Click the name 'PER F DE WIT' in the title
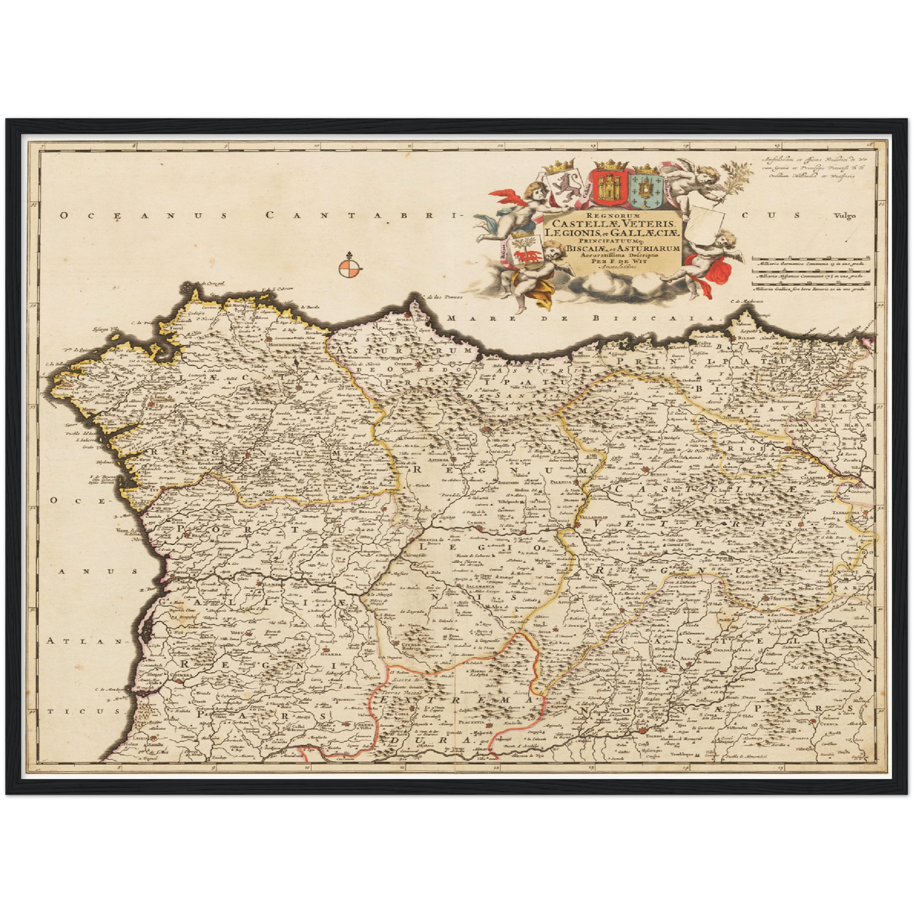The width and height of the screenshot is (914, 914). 612,261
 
